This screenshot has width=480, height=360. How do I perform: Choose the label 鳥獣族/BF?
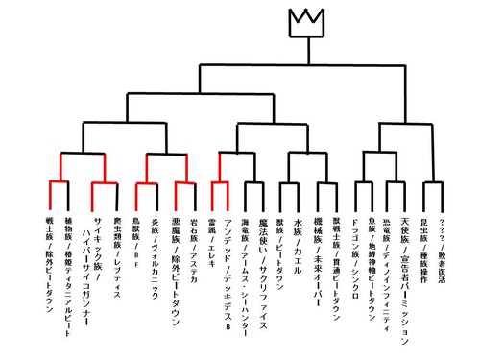point(136,236)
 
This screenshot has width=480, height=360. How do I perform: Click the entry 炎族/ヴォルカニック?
point(156,251)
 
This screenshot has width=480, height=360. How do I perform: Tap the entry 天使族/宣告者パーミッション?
point(407,279)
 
